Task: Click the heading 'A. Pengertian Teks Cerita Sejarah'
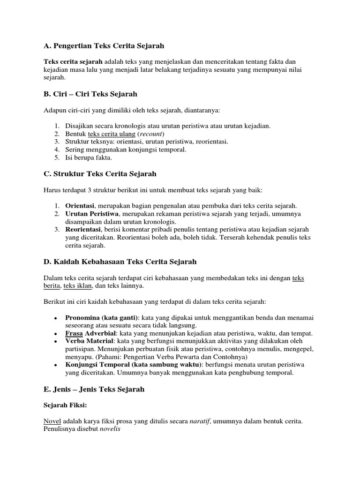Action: [x=104, y=46]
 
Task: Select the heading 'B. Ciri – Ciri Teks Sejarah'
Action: [x=90, y=94]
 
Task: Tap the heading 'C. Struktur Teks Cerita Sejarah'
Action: [x=100, y=174]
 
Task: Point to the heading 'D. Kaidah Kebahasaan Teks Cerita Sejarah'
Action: [x=120, y=262]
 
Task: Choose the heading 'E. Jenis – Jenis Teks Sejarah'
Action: [x=94, y=390]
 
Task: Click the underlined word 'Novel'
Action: [x=52, y=421]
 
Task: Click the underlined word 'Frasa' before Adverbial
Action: [x=74, y=333]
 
